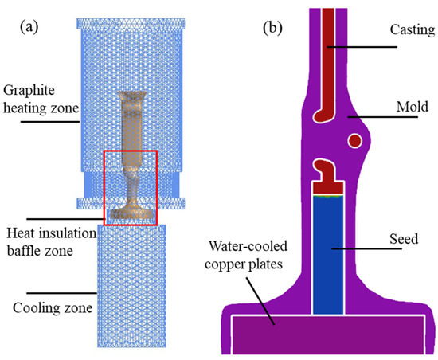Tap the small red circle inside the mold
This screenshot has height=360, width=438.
(x=354, y=139)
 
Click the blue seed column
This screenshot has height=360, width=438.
(x=330, y=255)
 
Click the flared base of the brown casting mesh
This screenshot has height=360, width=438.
(x=131, y=213)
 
